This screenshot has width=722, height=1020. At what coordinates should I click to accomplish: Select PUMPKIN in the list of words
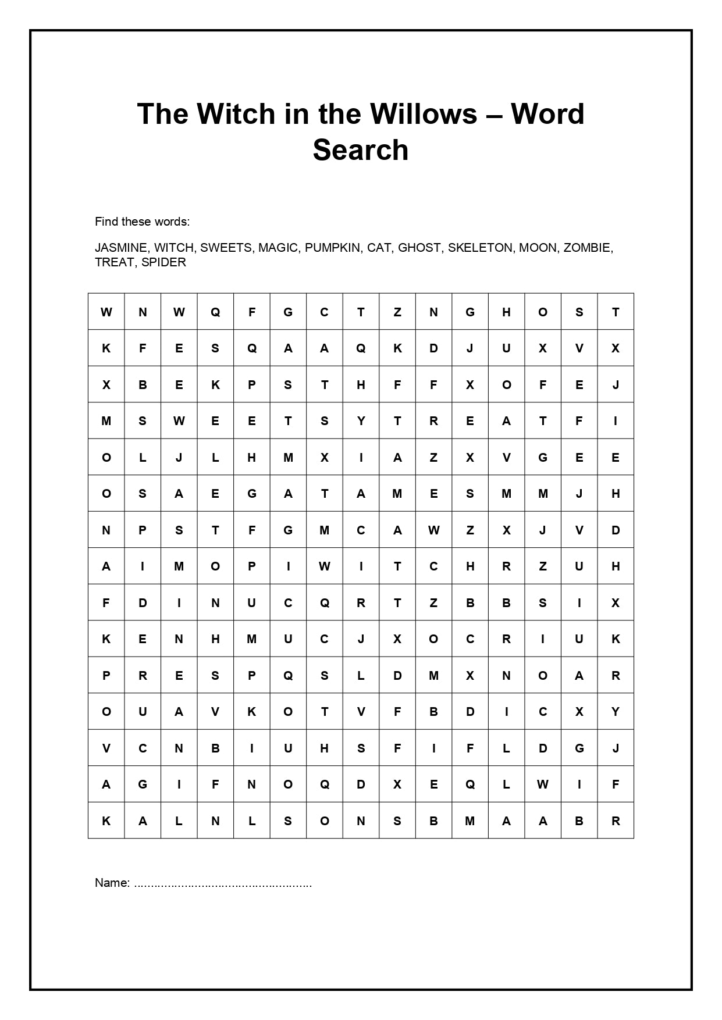click(332, 248)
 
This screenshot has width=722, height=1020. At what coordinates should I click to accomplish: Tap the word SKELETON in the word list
click(481, 248)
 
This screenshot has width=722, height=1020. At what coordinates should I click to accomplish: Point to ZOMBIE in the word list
click(588, 248)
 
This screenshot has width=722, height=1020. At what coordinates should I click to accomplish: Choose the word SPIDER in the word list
click(163, 262)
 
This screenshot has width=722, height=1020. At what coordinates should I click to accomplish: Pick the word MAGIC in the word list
click(278, 248)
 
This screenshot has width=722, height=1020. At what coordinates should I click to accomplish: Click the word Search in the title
click(361, 150)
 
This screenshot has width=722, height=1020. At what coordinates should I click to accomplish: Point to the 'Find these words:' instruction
click(143, 222)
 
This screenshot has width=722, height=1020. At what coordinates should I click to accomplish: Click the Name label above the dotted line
click(112, 883)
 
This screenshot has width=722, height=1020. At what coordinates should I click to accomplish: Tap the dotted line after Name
click(223, 884)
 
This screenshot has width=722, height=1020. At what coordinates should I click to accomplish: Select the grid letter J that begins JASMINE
click(179, 458)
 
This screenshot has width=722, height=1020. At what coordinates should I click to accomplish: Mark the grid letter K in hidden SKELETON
click(215, 385)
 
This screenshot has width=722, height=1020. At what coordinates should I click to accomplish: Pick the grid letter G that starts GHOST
click(470, 312)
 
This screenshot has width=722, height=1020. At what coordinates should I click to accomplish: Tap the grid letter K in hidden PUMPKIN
click(252, 712)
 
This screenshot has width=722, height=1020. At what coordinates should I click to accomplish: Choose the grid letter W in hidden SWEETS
click(179, 421)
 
